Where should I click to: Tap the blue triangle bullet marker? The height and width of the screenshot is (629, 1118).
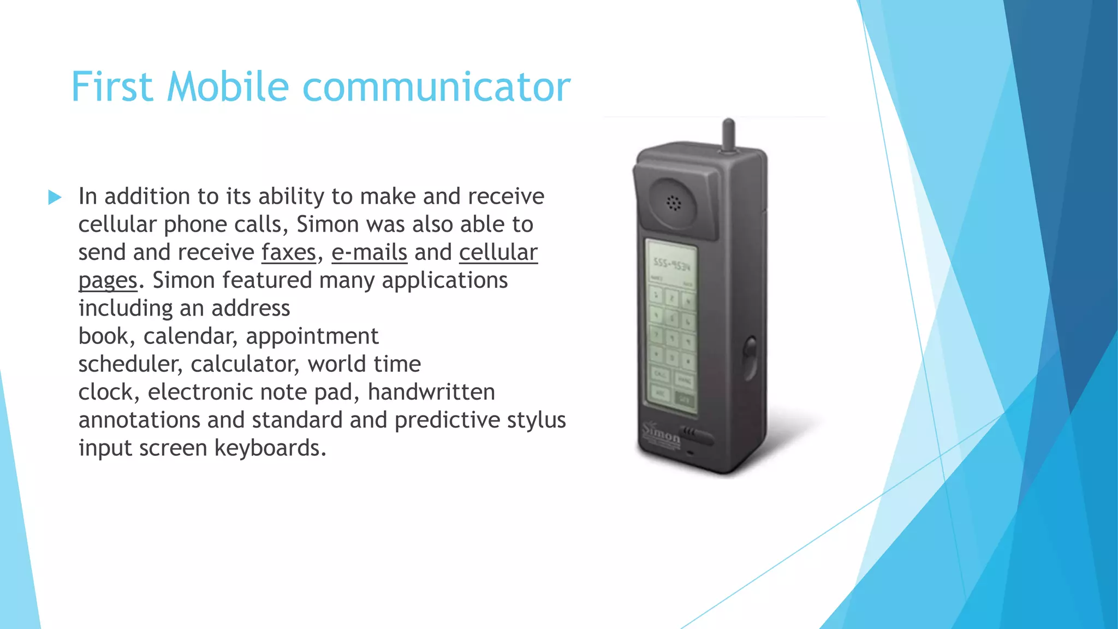click(55, 197)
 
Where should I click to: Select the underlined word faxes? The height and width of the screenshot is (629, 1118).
click(289, 253)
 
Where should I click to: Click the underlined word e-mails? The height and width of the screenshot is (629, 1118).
click(369, 253)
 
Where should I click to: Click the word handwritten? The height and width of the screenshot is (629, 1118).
click(431, 392)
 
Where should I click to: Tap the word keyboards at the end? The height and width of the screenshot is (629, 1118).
click(270, 448)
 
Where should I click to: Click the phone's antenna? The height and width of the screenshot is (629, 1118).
click(728, 134)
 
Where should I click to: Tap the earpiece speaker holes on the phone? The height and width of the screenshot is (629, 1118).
click(674, 203)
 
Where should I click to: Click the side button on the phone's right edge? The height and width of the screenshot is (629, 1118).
click(751, 358)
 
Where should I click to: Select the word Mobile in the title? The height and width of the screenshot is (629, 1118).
click(228, 87)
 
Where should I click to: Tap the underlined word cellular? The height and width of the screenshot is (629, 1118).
click(498, 253)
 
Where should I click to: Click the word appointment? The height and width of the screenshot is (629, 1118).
click(312, 336)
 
